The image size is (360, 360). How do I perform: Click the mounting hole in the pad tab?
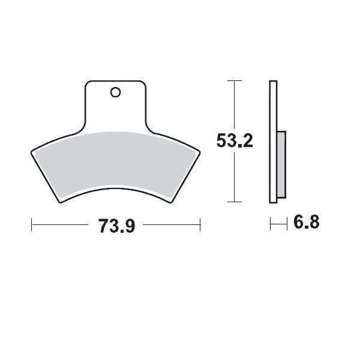point(116,92)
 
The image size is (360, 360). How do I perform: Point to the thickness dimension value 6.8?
point(305,224)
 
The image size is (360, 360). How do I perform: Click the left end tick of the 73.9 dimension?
point(31,225)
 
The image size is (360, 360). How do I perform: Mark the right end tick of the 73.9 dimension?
point(200,225)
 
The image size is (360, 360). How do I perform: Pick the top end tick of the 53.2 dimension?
point(234,80)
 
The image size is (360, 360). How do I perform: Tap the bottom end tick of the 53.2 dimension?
point(234,202)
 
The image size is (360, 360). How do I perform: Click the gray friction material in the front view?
point(114,162)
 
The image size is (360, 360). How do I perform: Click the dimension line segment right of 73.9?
point(171,225)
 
